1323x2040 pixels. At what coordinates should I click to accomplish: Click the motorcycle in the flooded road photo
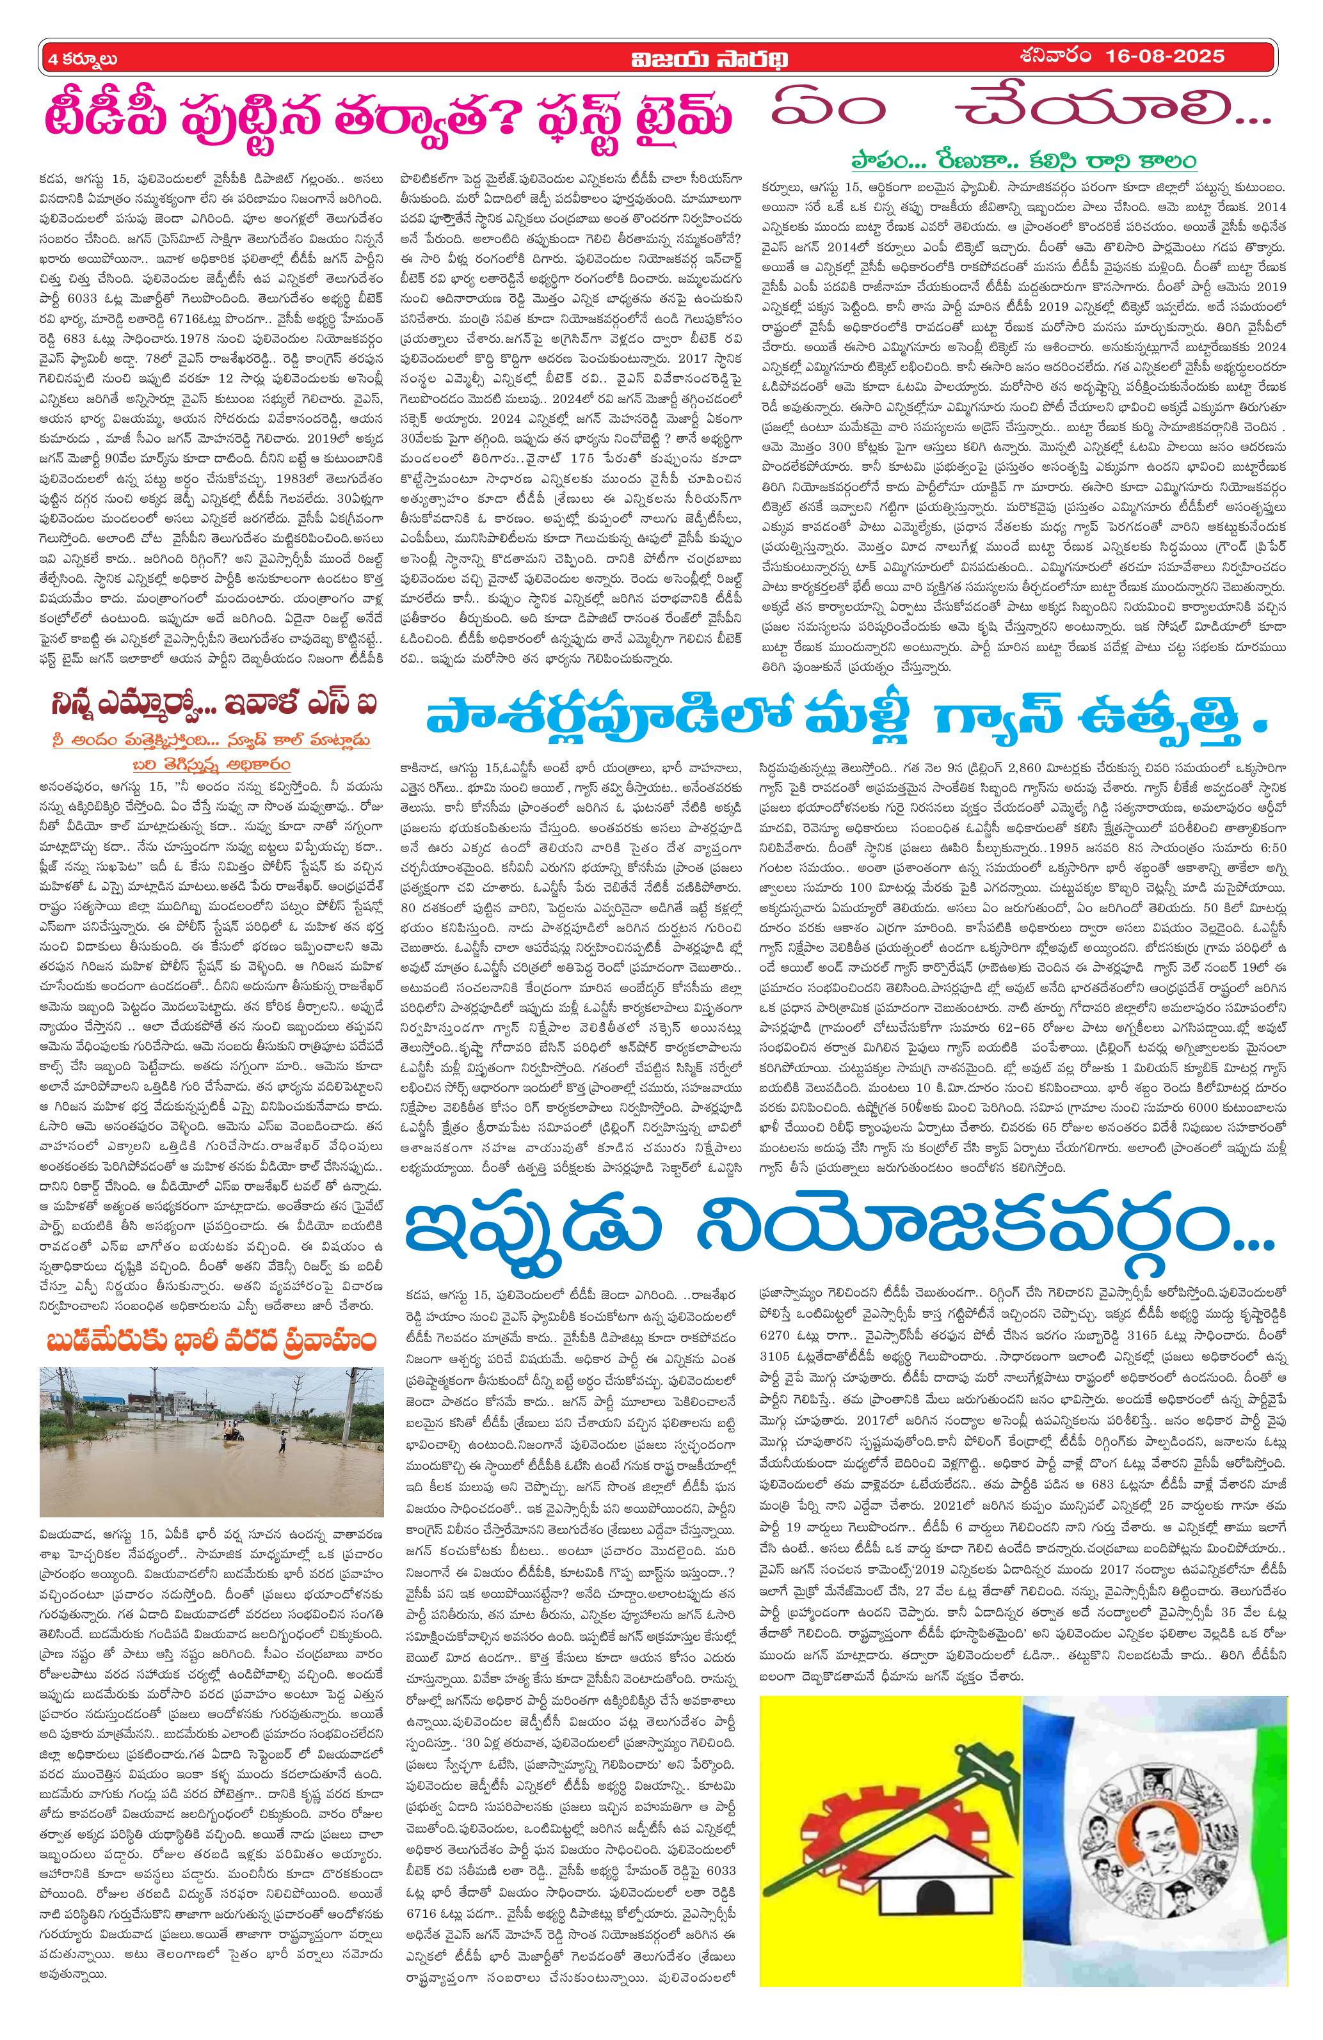click(x=233, y=1428)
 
